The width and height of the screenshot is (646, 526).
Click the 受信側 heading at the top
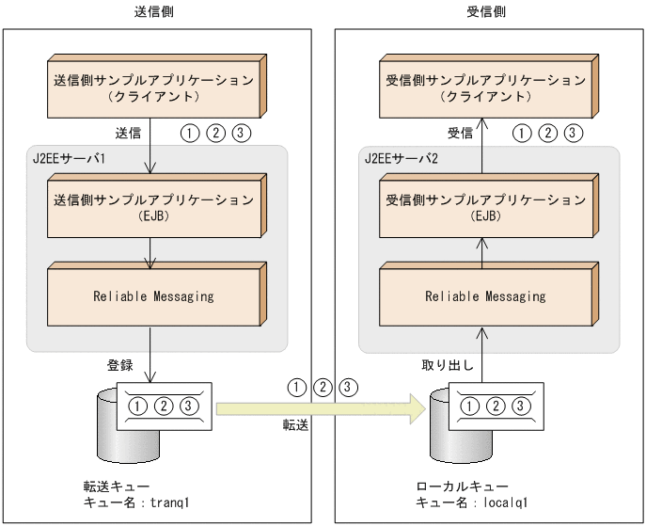pyautogui.click(x=486, y=11)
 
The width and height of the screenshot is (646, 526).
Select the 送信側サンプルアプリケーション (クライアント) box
pyautogui.click(x=154, y=87)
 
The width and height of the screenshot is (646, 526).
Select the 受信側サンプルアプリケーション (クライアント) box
pyautogui.click(x=485, y=87)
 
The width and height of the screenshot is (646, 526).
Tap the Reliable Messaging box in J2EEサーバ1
pyautogui.click(x=154, y=295)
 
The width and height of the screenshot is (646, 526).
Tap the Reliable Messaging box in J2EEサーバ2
pyautogui.click(x=485, y=295)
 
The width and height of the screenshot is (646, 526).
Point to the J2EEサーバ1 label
pyautogui.click(x=67, y=157)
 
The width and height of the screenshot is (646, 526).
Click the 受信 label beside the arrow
pyautogui.click(x=460, y=132)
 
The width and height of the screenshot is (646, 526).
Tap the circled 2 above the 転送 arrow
pyautogui.click(x=322, y=387)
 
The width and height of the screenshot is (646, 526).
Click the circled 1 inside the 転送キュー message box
pyautogui.click(x=139, y=406)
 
